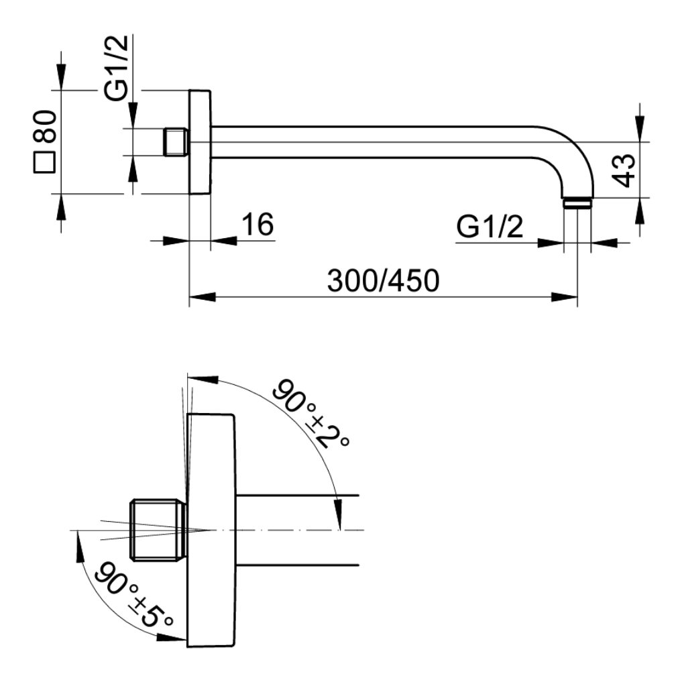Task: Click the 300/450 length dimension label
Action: pos(383,281)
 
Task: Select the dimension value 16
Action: pos(258,224)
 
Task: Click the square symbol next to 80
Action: pos(44,162)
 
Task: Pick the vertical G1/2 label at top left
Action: pos(116,68)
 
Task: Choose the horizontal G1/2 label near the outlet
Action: pos(490,227)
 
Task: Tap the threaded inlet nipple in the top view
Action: pos(176,142)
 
